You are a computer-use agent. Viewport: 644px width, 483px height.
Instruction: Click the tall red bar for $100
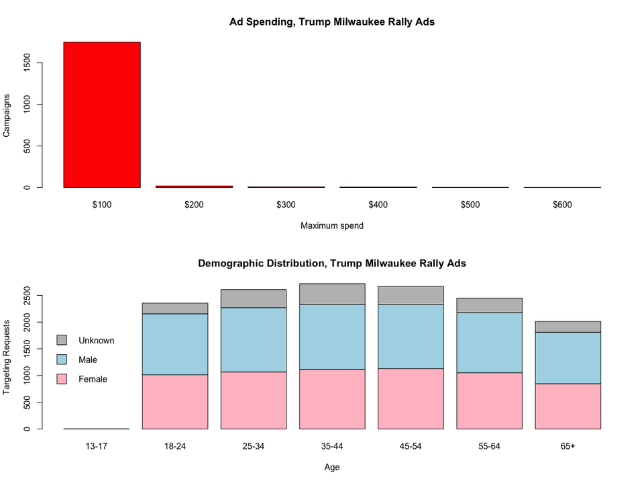click(x=102, y=114)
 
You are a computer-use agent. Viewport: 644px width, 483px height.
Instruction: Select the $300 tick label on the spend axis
click(x=286, y=205)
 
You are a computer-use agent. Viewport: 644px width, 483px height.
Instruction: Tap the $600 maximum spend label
click(x=562, y=205)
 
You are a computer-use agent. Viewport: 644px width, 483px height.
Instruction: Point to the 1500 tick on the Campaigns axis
click(x=25, y=63)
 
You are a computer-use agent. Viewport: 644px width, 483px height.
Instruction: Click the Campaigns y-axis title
click(x=7, y=115)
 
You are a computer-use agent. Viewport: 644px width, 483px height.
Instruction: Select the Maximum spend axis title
click(x=332, y=226)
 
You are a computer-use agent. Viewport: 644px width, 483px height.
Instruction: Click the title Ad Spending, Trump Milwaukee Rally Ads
click(x=332, y=22)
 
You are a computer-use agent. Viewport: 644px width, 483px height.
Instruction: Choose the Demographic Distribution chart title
click(x=332, y=264)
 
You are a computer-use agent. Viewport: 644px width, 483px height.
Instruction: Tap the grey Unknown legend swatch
click(x=62, y=340)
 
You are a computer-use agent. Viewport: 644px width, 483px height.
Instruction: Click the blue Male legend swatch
click(x=62, y=360)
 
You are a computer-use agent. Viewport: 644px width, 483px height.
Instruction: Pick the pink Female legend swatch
click(x=62, y=379)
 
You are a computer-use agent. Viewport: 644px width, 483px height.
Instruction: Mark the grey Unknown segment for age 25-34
click(x=254, y=299)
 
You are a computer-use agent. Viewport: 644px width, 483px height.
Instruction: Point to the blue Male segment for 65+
click(x=568, y=358)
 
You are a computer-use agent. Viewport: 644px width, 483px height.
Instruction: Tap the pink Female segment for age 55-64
click(x=489, y=400)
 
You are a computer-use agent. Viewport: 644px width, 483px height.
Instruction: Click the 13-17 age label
click(x=97, y=446)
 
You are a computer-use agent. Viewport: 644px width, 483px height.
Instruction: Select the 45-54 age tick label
click(x=411, y=446)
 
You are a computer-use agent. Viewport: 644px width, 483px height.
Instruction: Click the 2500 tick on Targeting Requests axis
click(x=25, y=295)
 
